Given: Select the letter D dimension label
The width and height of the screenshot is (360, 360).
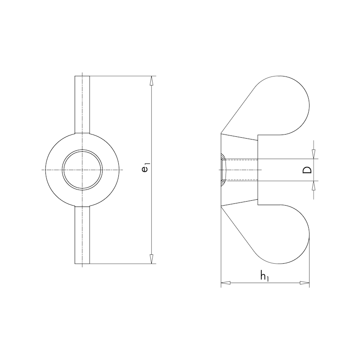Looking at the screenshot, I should click(306, 170).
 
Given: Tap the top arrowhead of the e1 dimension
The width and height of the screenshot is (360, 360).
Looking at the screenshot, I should click(152, 81).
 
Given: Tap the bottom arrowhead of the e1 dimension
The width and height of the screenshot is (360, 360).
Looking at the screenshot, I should click(152, 259).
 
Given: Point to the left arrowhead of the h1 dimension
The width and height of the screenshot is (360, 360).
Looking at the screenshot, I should click(225, 283).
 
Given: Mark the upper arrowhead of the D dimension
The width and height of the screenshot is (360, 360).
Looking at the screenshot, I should click(314, 154).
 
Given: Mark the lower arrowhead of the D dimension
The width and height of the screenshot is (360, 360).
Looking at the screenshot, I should click(314, 186).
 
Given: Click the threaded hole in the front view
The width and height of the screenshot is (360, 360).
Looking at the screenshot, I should click(82, 170).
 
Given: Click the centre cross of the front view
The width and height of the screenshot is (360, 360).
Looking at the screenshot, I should click(82, 170).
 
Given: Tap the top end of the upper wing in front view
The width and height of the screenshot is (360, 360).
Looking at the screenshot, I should click(82, 76).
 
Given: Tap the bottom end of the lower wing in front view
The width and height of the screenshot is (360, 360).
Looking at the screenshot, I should click(82, 263).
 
